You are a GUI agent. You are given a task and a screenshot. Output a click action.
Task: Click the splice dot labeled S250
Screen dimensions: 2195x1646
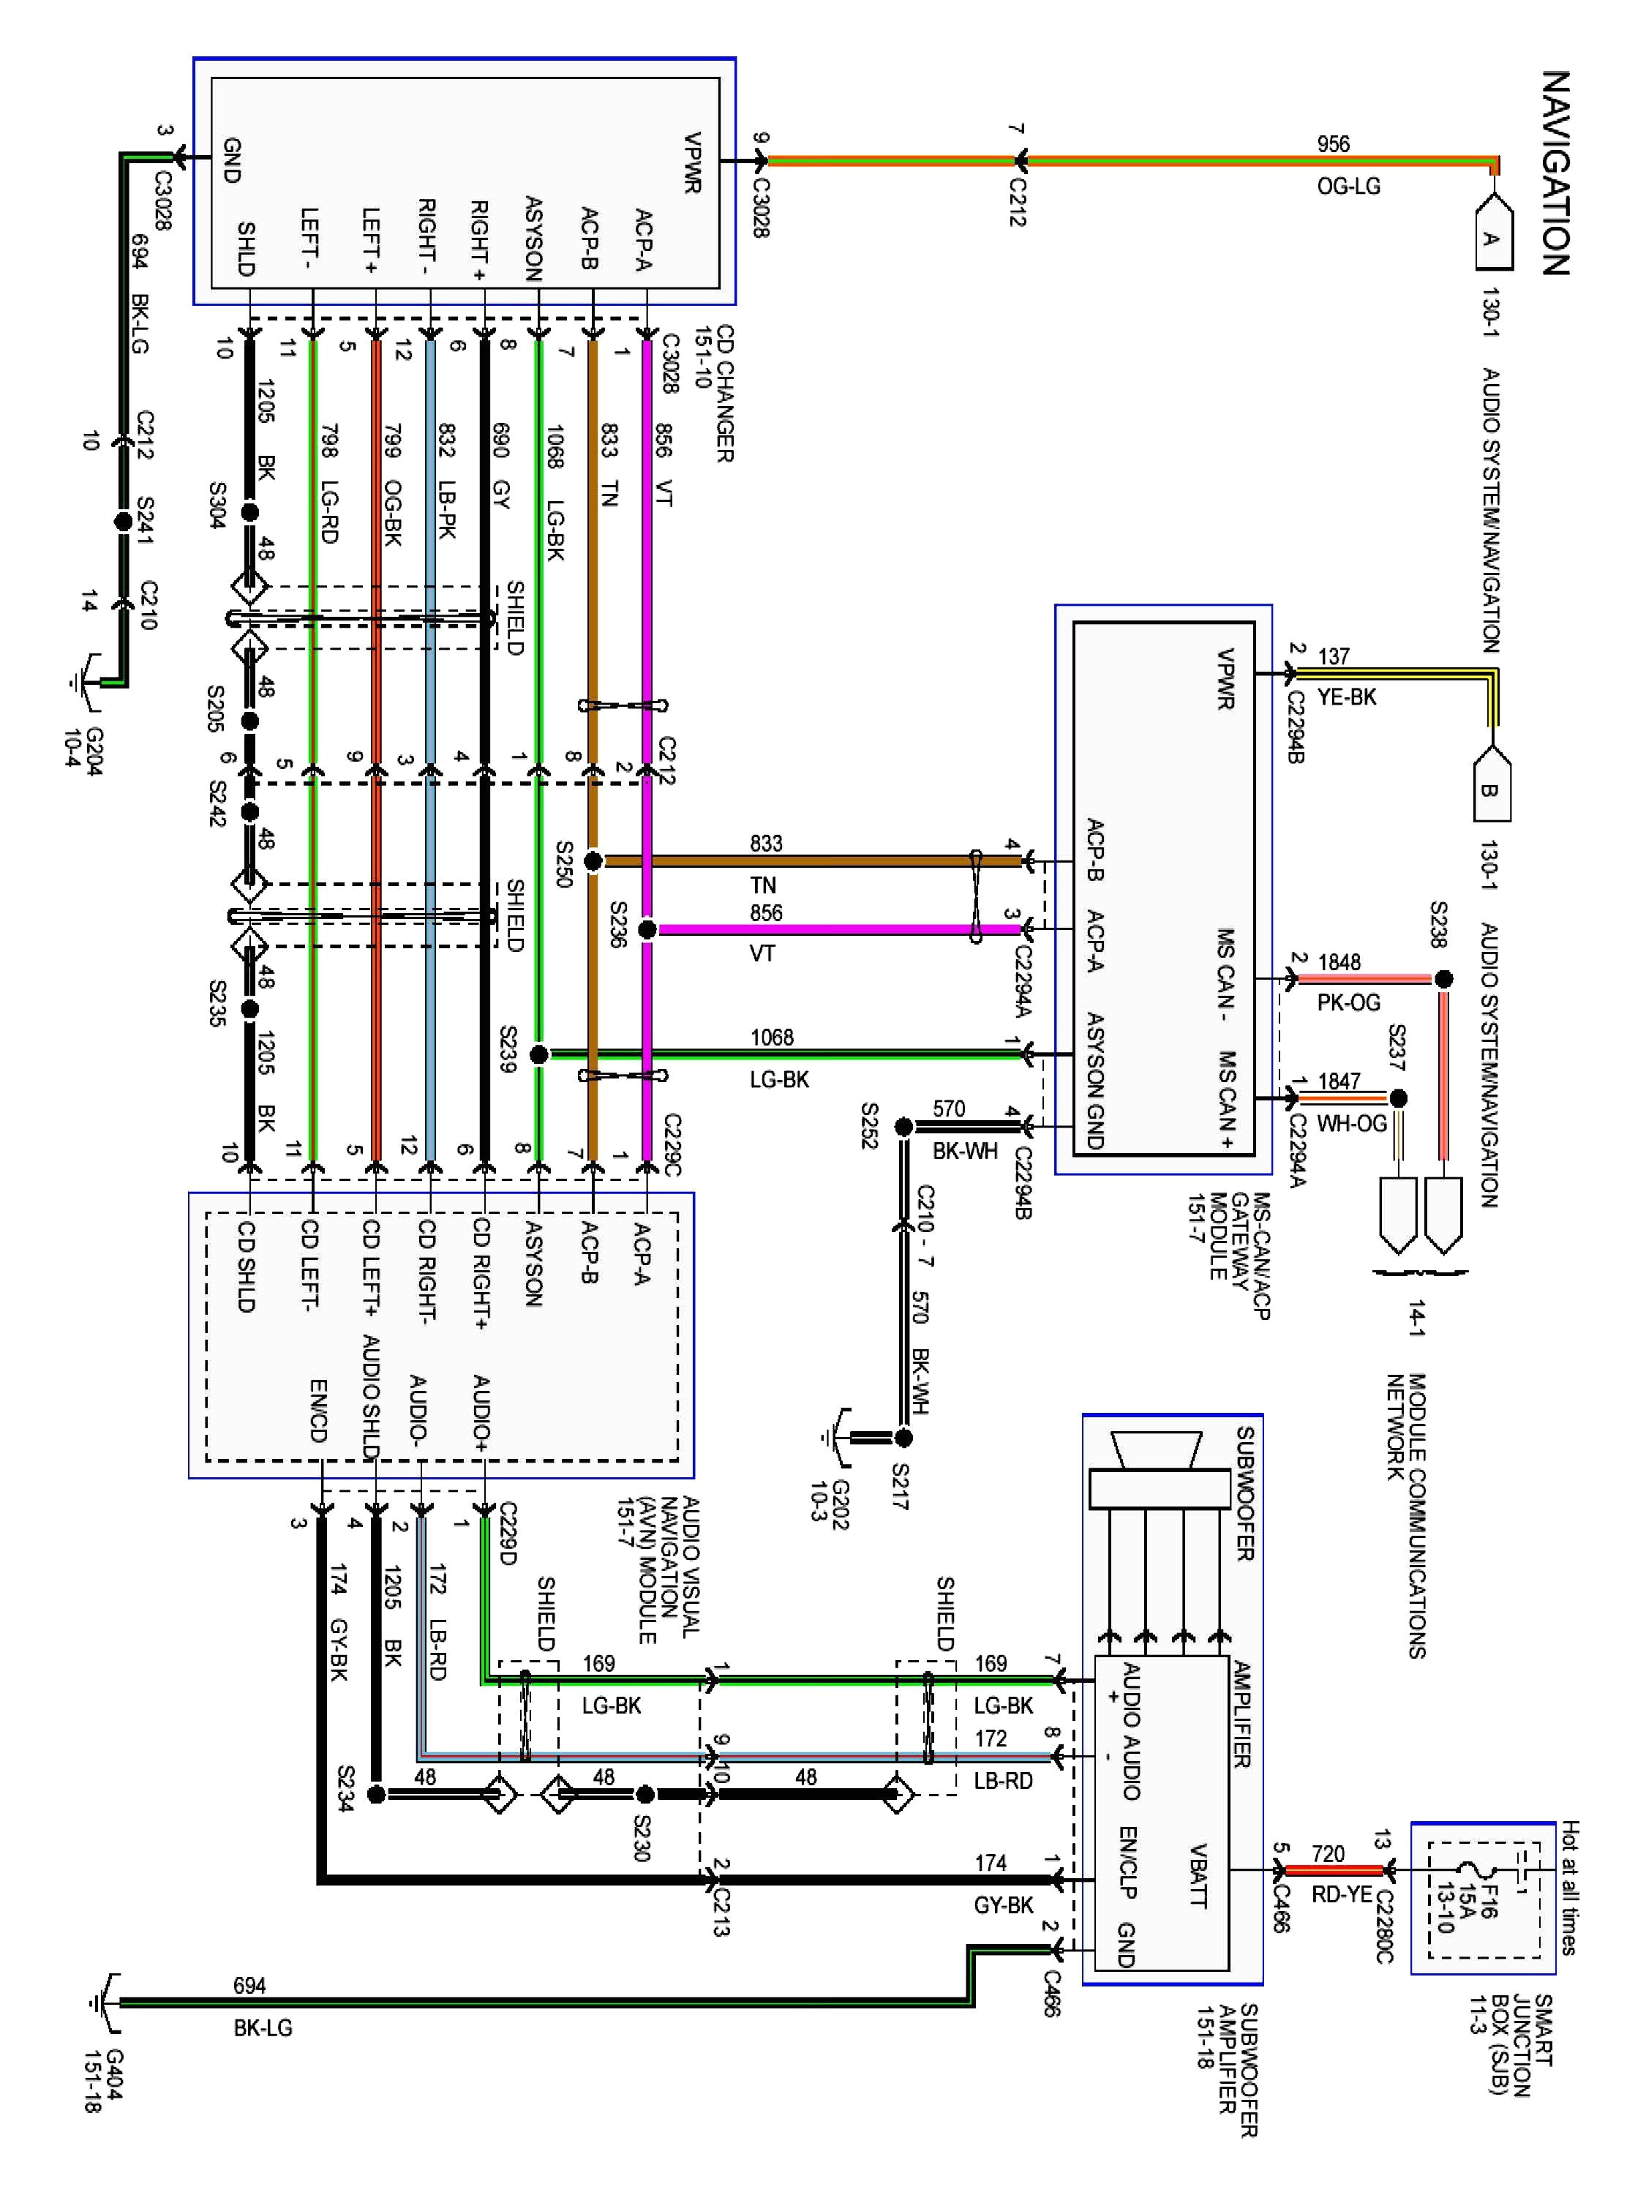click(x=593, y=861)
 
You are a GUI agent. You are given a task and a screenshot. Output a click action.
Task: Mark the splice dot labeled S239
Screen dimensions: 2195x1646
click(x=538, y=1054)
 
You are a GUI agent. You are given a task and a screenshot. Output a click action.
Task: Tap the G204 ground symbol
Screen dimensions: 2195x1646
click(x=87, y=683)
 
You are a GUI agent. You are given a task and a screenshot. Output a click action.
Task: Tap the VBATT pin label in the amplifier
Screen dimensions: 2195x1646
click(x=1198, y=1875)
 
